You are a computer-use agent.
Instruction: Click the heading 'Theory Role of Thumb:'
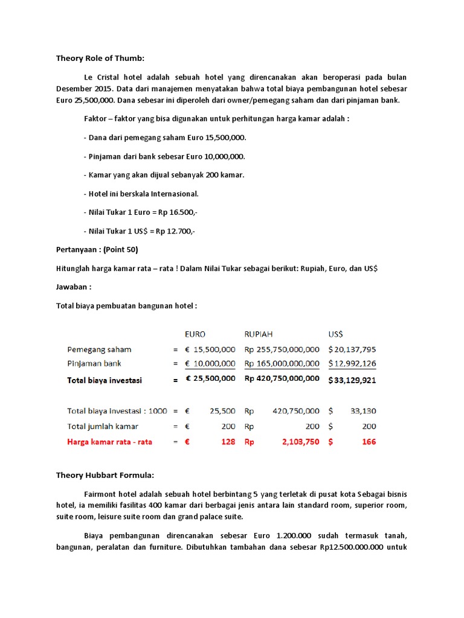pyautogui.click(x=101, y=59)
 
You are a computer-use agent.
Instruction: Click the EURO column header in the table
pyautogui.click(x=195, y=334)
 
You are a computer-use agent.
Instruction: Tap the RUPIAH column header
pyautogui.click(x=259, y=334)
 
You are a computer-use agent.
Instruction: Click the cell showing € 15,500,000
pyautogui.click(x=210, y=349)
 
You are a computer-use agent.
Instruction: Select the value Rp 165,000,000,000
pyautogui.click(x=282, y=363)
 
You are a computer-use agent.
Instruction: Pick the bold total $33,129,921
pyautogui.click(x=352, y=380)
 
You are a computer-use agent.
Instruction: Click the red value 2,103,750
pyautogui.click(x=300, y=442)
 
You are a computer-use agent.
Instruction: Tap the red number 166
pyautogui.click(x=369, y=442)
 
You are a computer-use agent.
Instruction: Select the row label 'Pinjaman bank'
pyautogui.click(x=94, y=363)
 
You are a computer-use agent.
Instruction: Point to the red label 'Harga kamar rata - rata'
pyautogui.click(x=110, y=442)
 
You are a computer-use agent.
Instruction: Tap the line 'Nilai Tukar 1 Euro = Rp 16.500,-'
pyautogui.click(x=140, y=212)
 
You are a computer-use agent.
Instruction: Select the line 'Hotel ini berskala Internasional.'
pyautogui.click(x=141, y=194)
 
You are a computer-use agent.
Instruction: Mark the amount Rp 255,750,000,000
pyautogui.click(x=282, y=349)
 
